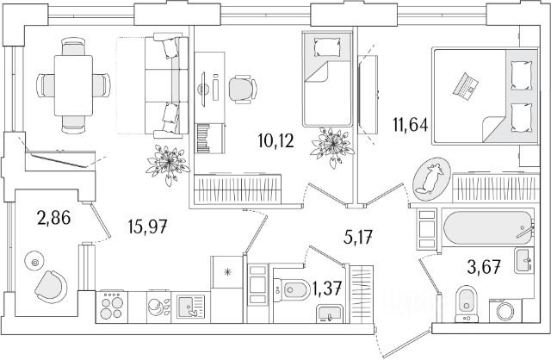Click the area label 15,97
click(147, 226)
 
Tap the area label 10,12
click(275, 141)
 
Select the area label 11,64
click(411, 125)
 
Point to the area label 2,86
click(53, 218)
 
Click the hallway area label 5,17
click(357, 238)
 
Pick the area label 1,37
click(327, 289)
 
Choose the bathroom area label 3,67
click(484, 267)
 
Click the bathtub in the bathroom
click(488, 227)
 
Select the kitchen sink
click(190, 307)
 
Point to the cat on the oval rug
click(431, 178)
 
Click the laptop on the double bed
click(466, 85)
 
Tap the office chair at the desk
click(242, 90)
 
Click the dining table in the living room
click(73, 85)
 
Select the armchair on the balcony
click(52, 287)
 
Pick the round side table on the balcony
click(34, 261)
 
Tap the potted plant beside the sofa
click(168, 163)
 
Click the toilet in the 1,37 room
click(291, 289)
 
